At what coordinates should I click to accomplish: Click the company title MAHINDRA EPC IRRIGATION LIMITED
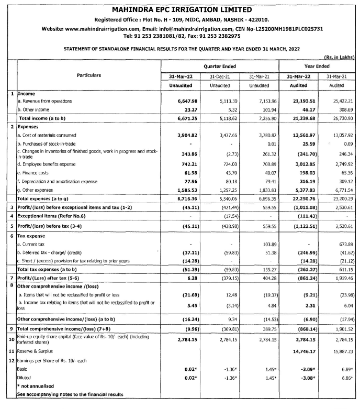pos(179,9)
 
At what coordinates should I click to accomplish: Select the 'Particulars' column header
pos(89,75)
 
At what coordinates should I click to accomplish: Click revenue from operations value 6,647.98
pos(181,101)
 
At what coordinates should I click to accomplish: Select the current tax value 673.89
pos(342,244)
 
